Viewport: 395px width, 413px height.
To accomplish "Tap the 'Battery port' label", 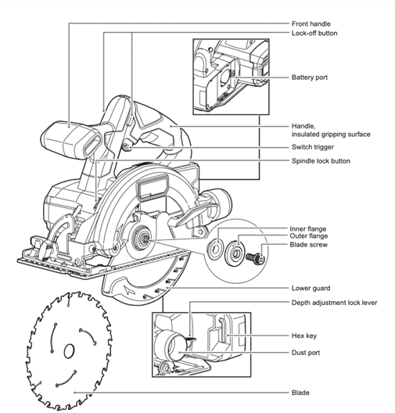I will (312, 77).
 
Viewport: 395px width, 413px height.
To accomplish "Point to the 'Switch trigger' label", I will (314, 147).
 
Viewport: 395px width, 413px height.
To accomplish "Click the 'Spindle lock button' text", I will (321, 160).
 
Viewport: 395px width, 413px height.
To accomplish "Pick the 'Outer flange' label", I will (312, 236).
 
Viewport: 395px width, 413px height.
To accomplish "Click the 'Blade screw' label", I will (311, 245).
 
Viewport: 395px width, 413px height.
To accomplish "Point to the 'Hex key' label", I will (307, 336).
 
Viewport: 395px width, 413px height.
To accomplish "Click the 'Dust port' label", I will (309, 353).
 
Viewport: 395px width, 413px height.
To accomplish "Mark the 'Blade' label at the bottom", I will (303, 392).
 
